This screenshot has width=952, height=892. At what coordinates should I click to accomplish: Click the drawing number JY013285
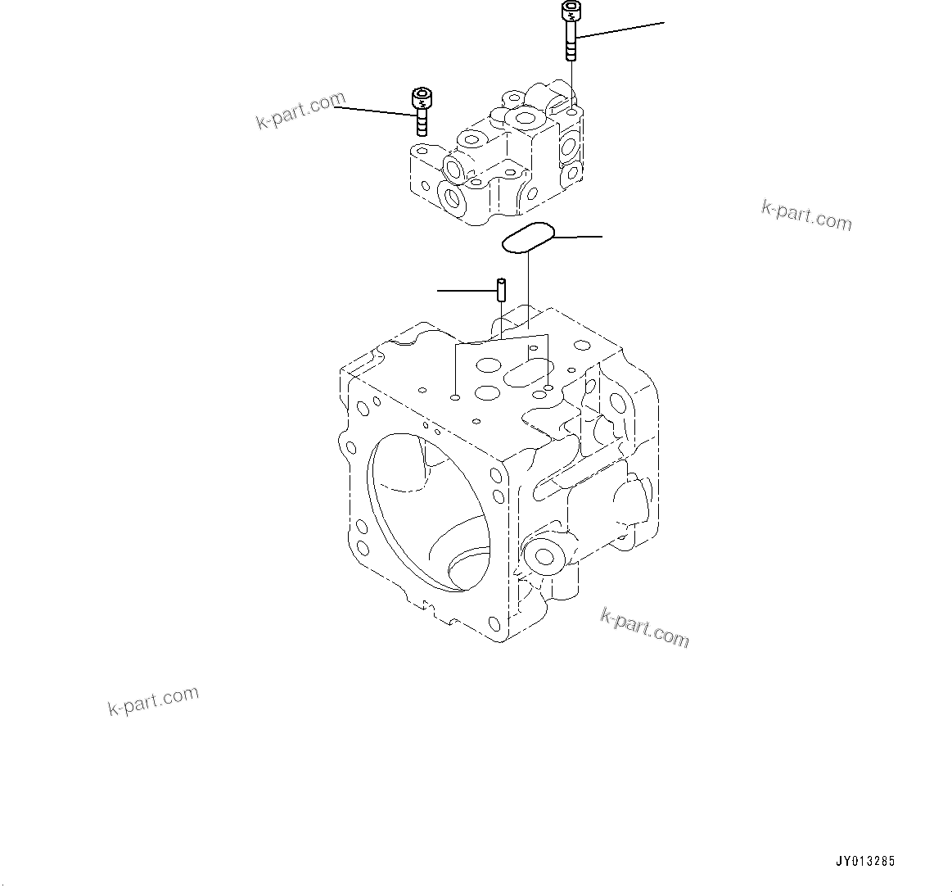click(x=864, y=861)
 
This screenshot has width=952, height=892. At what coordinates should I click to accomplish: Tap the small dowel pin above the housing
click(x=501, y=290)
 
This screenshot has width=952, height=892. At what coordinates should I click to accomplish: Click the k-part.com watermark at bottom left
click(x=153, y=700)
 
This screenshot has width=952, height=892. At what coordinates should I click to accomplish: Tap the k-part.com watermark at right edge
click(x=806, y=215)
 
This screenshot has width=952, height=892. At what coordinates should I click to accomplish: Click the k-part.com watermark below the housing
click(x=645, y=627)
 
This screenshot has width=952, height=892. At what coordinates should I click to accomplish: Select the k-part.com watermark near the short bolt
click(x=300, y=111)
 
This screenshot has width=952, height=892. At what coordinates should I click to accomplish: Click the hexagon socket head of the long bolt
click(x=571, y=11)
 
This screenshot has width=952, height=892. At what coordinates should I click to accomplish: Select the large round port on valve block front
click(x=453, y=197)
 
